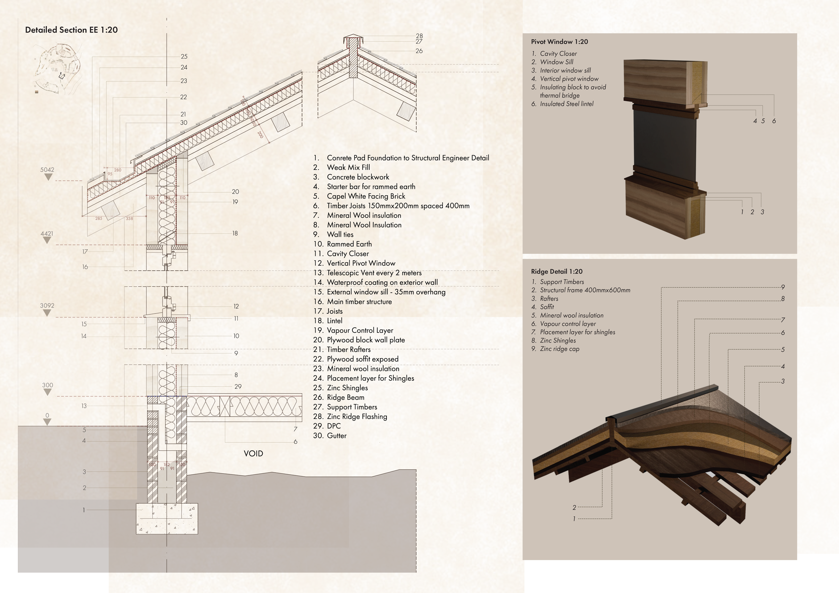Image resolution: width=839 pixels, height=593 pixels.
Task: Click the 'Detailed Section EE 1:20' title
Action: (x=71, y=30)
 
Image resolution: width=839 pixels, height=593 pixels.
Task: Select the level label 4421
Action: (x=47, y=233)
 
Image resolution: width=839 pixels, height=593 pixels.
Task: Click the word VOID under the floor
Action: (x=253, y=453)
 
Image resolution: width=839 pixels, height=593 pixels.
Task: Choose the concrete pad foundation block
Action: (x=167, y=519)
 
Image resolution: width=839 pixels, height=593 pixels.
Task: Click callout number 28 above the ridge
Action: (x=419, y=36)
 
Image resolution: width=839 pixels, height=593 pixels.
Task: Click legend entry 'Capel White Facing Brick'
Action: (x=366, y=196)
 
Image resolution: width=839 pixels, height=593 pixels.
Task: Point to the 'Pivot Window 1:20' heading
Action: (x=559, y=42)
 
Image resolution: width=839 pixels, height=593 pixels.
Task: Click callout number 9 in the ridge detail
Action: (x=783, y=287)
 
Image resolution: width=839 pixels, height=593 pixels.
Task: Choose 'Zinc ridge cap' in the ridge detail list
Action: (x=559, y=349)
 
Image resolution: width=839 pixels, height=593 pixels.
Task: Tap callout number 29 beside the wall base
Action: (x=238, y=387)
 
